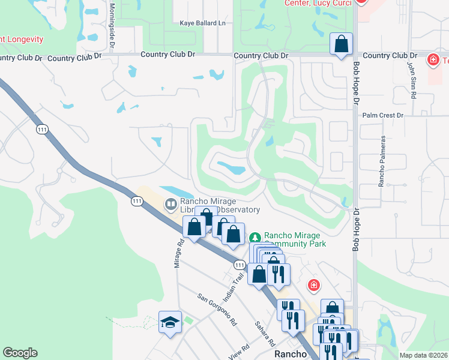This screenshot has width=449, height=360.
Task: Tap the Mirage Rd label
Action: pos(178,254)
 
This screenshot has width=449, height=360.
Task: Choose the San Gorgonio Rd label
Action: pos(217,309)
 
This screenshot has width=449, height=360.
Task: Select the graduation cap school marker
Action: pos(170,322)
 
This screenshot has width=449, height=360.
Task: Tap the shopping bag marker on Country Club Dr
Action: pos(341,44)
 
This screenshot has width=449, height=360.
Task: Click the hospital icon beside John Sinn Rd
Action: pos(432,60)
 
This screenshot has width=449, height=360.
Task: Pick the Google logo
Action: pos(20,353)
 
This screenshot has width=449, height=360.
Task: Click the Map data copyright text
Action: pos(423,355)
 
